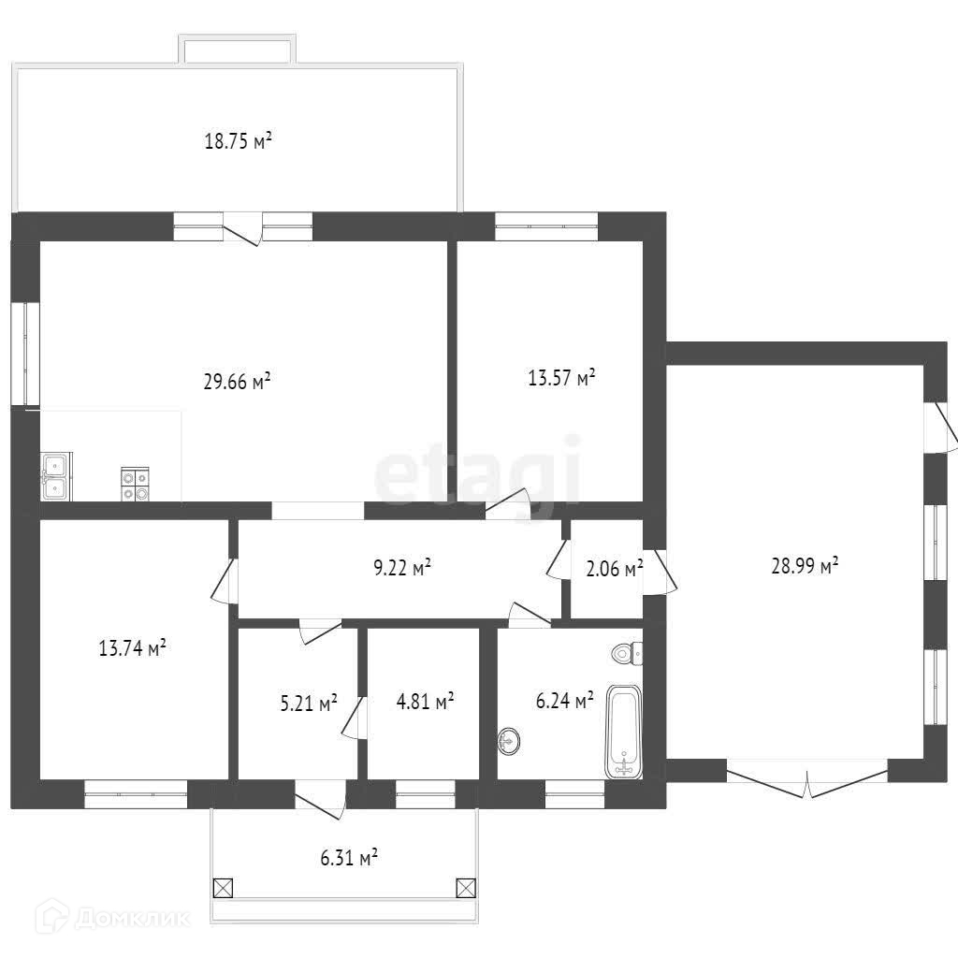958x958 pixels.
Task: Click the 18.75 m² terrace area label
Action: (x=238, y=141)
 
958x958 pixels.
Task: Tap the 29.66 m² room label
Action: (x=237, y=382)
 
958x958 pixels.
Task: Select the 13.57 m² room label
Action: (x=561, y=378)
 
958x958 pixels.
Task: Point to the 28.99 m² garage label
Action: (x=805, y=565)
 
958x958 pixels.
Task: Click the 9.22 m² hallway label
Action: (x=402, y=568)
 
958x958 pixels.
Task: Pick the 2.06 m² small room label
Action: (x=614, y=569)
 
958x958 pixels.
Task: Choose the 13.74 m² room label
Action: (x=133, y=647)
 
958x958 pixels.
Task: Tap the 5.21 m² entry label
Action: (x=309, y=704)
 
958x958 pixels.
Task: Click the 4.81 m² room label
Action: (x=426, y=701)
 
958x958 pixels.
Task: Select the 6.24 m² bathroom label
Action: (x=564, y=701)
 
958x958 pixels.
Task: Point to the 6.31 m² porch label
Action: (x=349, y=858)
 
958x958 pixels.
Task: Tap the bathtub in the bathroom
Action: (x=623, y=732)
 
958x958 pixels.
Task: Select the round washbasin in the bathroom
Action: (x=509, y=742)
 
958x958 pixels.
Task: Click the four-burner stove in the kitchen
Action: (x=135, y=485)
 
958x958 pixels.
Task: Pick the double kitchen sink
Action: (x=56, y=476)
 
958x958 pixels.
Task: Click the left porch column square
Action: (x=223, y=888)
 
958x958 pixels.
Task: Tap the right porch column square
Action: (x=466, y=888)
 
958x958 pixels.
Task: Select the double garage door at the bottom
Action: (x=807, y=778)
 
